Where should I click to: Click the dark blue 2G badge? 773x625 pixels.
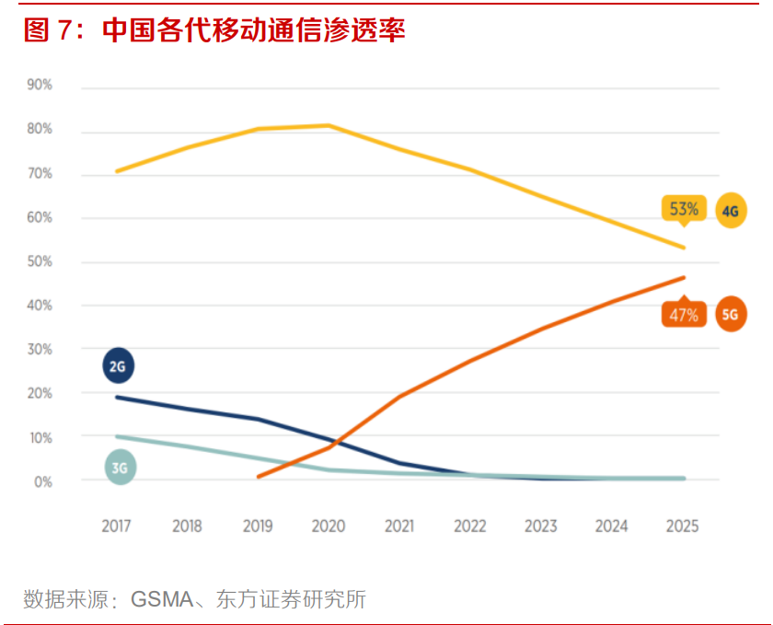118,366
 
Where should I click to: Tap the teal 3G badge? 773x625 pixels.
120,467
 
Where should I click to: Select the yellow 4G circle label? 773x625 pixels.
731,212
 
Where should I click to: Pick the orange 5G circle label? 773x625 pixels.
731,314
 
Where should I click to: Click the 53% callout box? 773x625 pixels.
683,209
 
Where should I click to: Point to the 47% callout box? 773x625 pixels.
683,315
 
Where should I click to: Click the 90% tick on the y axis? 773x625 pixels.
40,85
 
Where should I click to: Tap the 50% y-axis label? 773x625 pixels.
40,261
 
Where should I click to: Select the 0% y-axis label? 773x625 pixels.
42,481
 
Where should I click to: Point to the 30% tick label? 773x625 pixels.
40,350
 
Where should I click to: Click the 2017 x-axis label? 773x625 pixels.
116,527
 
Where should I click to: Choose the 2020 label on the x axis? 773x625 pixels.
329,527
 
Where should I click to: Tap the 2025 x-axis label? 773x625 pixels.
682,527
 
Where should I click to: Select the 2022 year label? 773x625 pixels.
470,527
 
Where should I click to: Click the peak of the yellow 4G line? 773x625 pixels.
329,125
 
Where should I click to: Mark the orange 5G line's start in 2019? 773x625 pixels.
259,477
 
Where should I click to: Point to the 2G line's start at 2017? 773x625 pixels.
117,397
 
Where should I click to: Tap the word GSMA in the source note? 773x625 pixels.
162,600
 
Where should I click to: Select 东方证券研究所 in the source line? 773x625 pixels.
291,600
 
